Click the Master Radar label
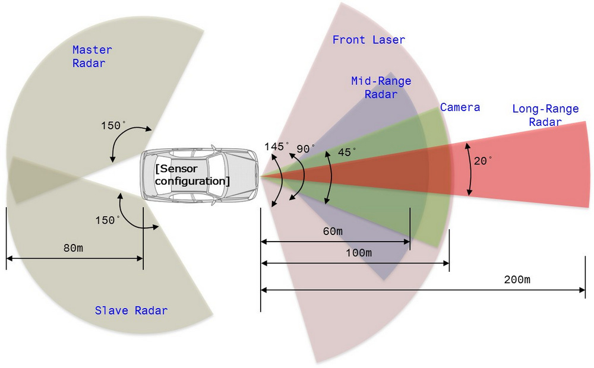point(92,56)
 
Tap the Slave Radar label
point(131,310)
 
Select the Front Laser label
point(368,40)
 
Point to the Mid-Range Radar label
point(381,87)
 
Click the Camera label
point(460,107)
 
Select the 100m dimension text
point(359,253)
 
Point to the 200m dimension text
point(517,280)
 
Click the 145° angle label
point(277,147)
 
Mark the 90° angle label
point(307,149)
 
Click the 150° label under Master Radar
point(113,126)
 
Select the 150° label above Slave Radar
point(108,220)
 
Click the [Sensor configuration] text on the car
point(192,175)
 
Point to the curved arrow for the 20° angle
point(470,169)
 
